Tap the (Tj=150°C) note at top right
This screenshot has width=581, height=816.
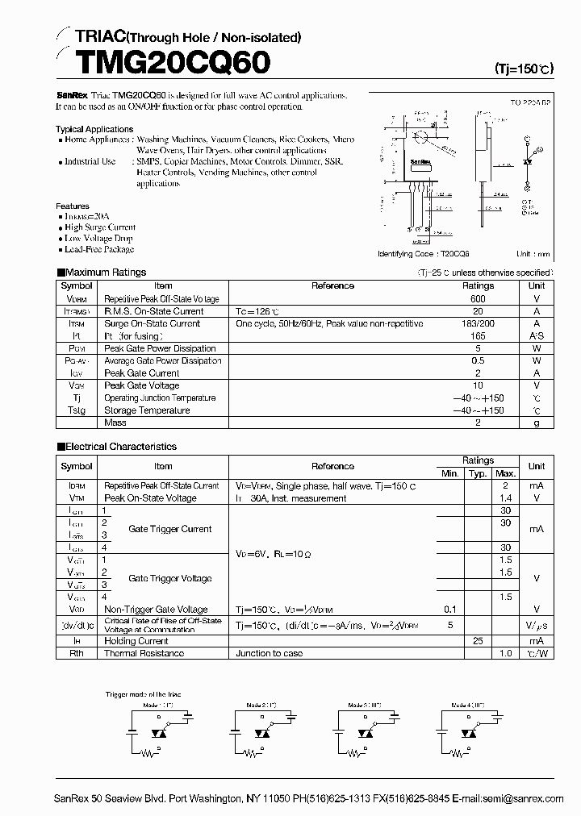click(x=523, y=69)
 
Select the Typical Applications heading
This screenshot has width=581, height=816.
click(x=94, y=129)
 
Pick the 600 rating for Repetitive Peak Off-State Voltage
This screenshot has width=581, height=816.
click(x=478, y=298)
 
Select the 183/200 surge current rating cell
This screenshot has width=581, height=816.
click(x=478, y=323)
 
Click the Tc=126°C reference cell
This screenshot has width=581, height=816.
click(x=257, y=311)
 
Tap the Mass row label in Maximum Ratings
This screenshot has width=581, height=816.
click(x=115, y=423)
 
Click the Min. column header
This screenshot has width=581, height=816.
click(x=450, y=473)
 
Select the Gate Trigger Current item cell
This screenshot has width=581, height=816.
click(x=169, y=529)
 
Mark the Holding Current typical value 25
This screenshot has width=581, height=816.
click(x=478, y=641)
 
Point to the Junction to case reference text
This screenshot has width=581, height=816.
click(x=270, y=653)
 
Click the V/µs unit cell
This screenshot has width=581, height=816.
click(x=536, y=625)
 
